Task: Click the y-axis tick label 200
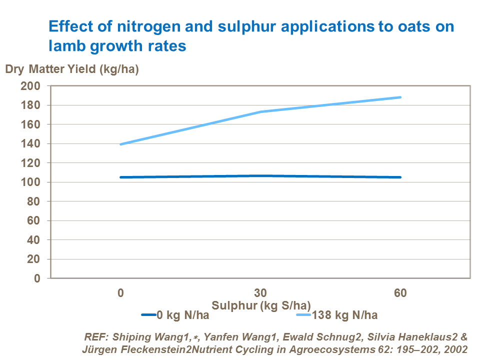[x=30, y=86]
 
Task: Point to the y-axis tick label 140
[x=30, y=144]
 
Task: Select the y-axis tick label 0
[x=36, y=278]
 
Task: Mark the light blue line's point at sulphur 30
[x=260, y=111]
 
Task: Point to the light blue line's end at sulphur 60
[x=400, y=97]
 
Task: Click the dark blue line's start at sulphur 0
[x=120, y=177]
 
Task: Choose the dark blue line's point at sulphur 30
[x=260, y=176]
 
